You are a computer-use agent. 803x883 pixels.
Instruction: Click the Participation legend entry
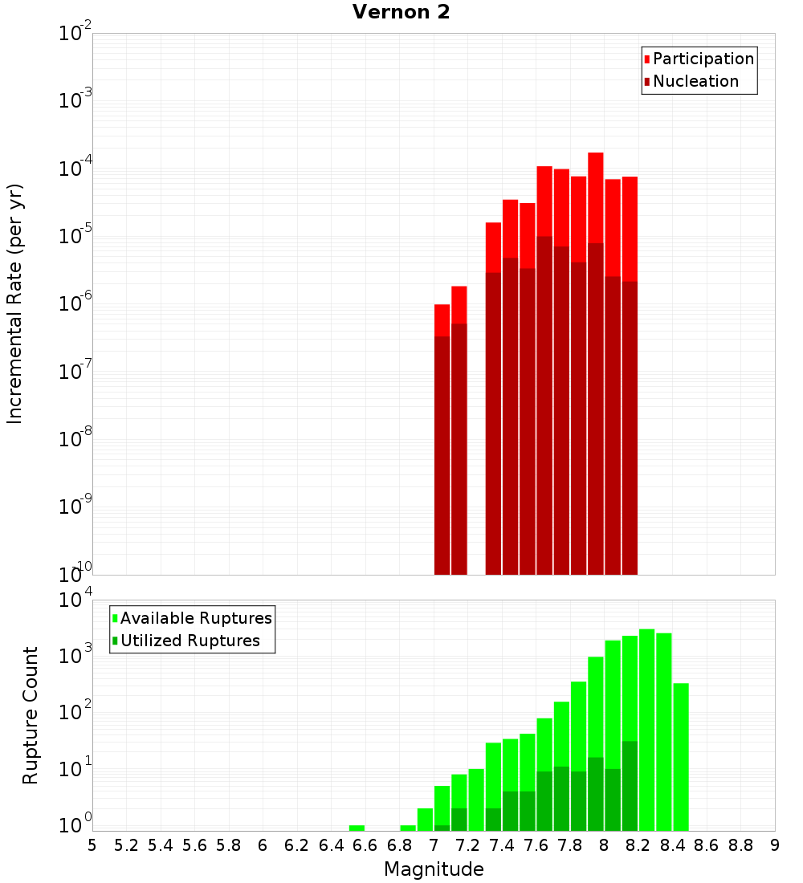click(703, 59)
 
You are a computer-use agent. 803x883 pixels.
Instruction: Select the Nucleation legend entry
click(695, 82)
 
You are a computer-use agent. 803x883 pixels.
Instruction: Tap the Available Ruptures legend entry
click(195, 619)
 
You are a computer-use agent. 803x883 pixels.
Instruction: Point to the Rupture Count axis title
click(31, 714)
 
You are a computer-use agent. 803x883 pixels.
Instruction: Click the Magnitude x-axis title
click(434, 869)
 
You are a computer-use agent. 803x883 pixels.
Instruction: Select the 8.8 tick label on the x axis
click(740, 845)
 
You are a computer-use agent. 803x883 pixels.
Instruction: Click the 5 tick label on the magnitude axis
click(92, 845)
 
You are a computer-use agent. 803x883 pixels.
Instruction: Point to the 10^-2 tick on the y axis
click(75, 35)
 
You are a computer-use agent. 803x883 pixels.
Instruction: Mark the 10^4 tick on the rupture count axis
click(75, 600)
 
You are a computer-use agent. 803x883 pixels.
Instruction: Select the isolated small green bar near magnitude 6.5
click(357, 828)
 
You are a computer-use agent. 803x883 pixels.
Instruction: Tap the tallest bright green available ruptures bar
click(646, 722)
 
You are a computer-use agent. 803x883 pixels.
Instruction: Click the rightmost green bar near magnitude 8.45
click(681, 755)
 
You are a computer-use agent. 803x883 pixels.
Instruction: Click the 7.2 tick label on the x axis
click(467, 845)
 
